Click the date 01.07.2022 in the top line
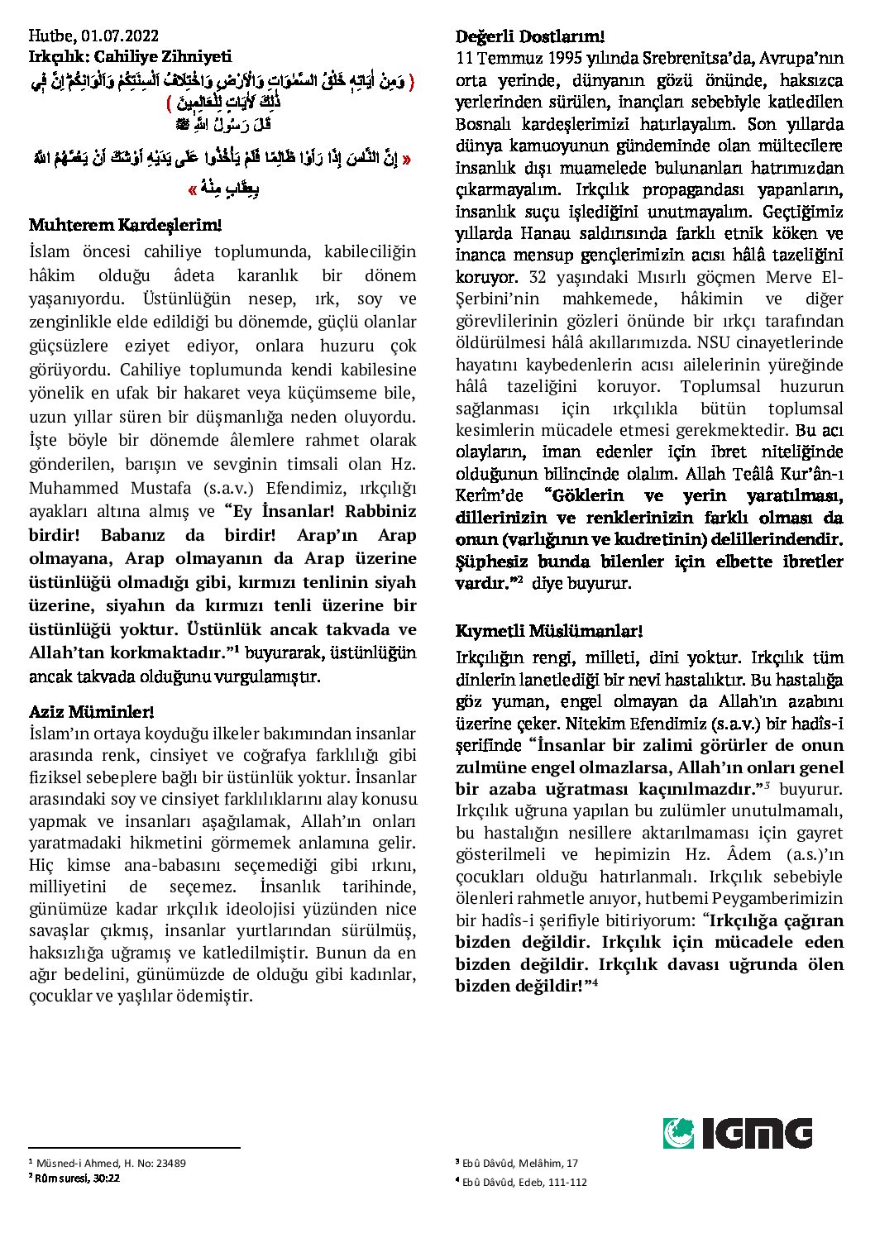tap(121, 36)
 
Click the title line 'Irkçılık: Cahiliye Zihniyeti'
tap(130, 56)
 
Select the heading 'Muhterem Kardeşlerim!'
tap(125, 225)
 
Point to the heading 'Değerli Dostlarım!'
tap(530, 36)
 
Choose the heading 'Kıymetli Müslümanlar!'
tap(548, 631)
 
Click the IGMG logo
tap(738, 1133)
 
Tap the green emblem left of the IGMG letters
tap(680, 1133)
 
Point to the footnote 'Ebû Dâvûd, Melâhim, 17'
tap(520, 1163)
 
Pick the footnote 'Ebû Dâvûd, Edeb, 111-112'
tap(524, 1182)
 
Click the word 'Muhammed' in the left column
tap(69, 488)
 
